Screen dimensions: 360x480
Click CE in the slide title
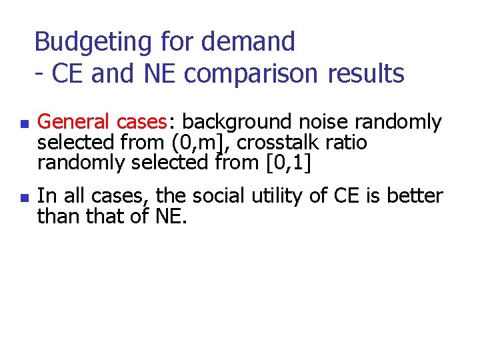pos(67,74)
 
